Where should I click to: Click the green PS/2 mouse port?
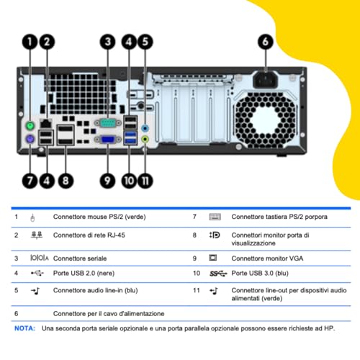point(30,125)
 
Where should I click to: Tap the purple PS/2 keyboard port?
point(30,139)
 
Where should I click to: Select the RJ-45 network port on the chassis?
point(46,123)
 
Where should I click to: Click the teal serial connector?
point(108,123)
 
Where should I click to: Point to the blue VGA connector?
point(108,140)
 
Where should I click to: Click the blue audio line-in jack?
point(145,128)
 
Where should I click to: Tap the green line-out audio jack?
point(145,139)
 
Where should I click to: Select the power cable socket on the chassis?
point(266,80)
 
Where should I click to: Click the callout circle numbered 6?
point(266,42)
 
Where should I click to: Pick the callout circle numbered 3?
point(107,42)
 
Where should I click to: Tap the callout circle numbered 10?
point(130,181)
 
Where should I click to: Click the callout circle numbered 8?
point(66,181)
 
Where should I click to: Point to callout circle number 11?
point(145,181)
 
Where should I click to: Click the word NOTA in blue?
point(24,328)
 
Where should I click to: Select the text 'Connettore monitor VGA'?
point(267,258)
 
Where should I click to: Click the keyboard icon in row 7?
point(215,217)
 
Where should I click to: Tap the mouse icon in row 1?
point(32,217)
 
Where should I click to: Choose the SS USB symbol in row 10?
point(218,274)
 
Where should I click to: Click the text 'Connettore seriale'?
point(80,258)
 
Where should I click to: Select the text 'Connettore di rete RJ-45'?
point(89,235)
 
